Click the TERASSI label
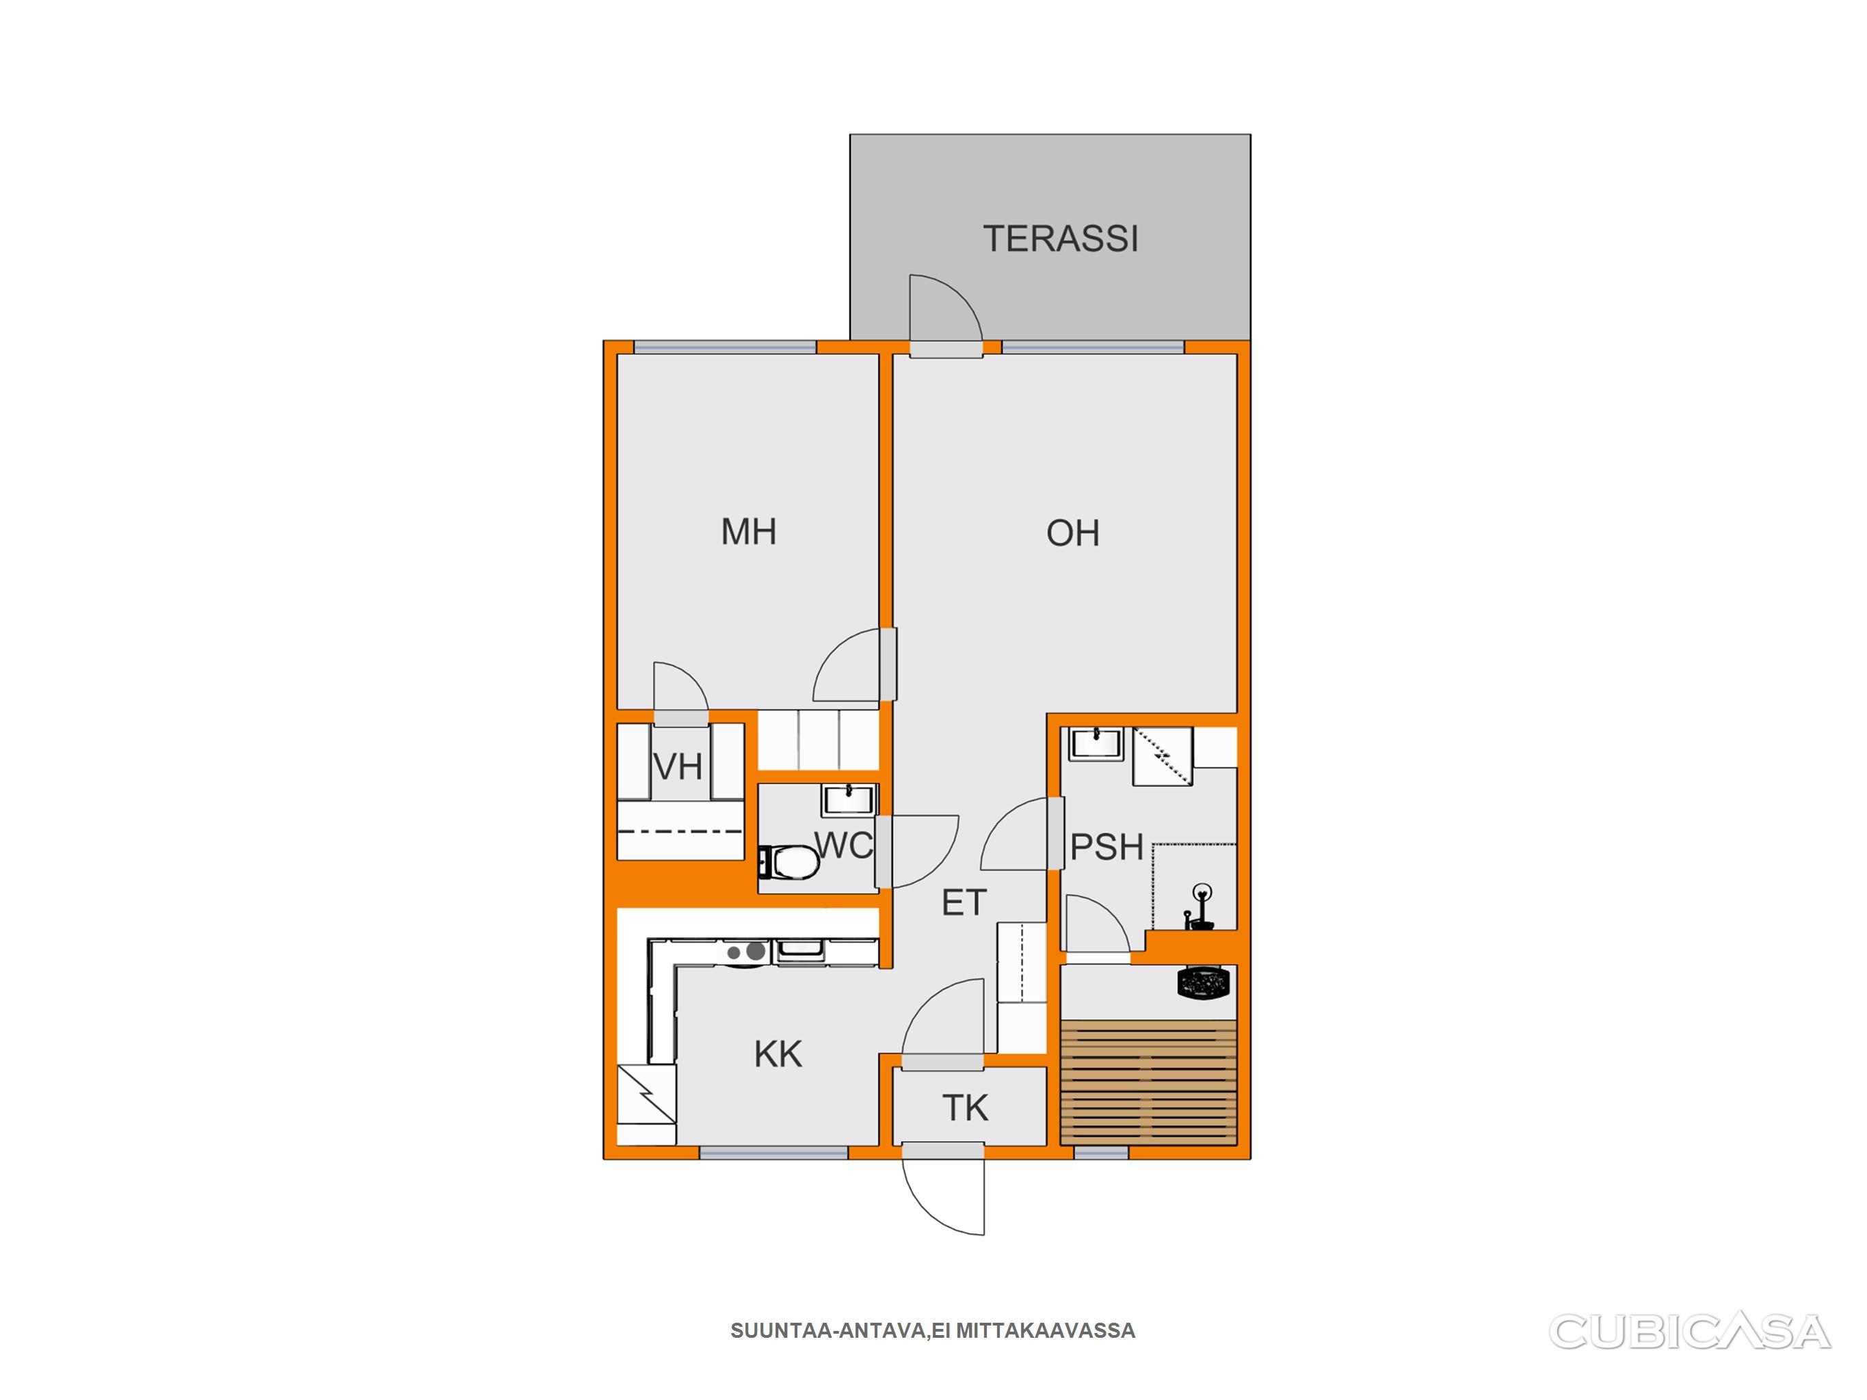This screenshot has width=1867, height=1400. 1060,239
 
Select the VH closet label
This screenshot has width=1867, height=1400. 678,767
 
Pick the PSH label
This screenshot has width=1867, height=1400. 1106,847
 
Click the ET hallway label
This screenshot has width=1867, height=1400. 963,903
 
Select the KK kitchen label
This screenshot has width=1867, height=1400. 778,1054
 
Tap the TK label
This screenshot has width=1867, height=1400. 965,1108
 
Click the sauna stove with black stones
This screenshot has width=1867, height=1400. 1203,983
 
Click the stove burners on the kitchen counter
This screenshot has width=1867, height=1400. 746,952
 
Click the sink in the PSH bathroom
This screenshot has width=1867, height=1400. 1096,744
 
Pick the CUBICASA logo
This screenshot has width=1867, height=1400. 1690,1332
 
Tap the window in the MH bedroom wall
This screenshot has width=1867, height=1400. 725,347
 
